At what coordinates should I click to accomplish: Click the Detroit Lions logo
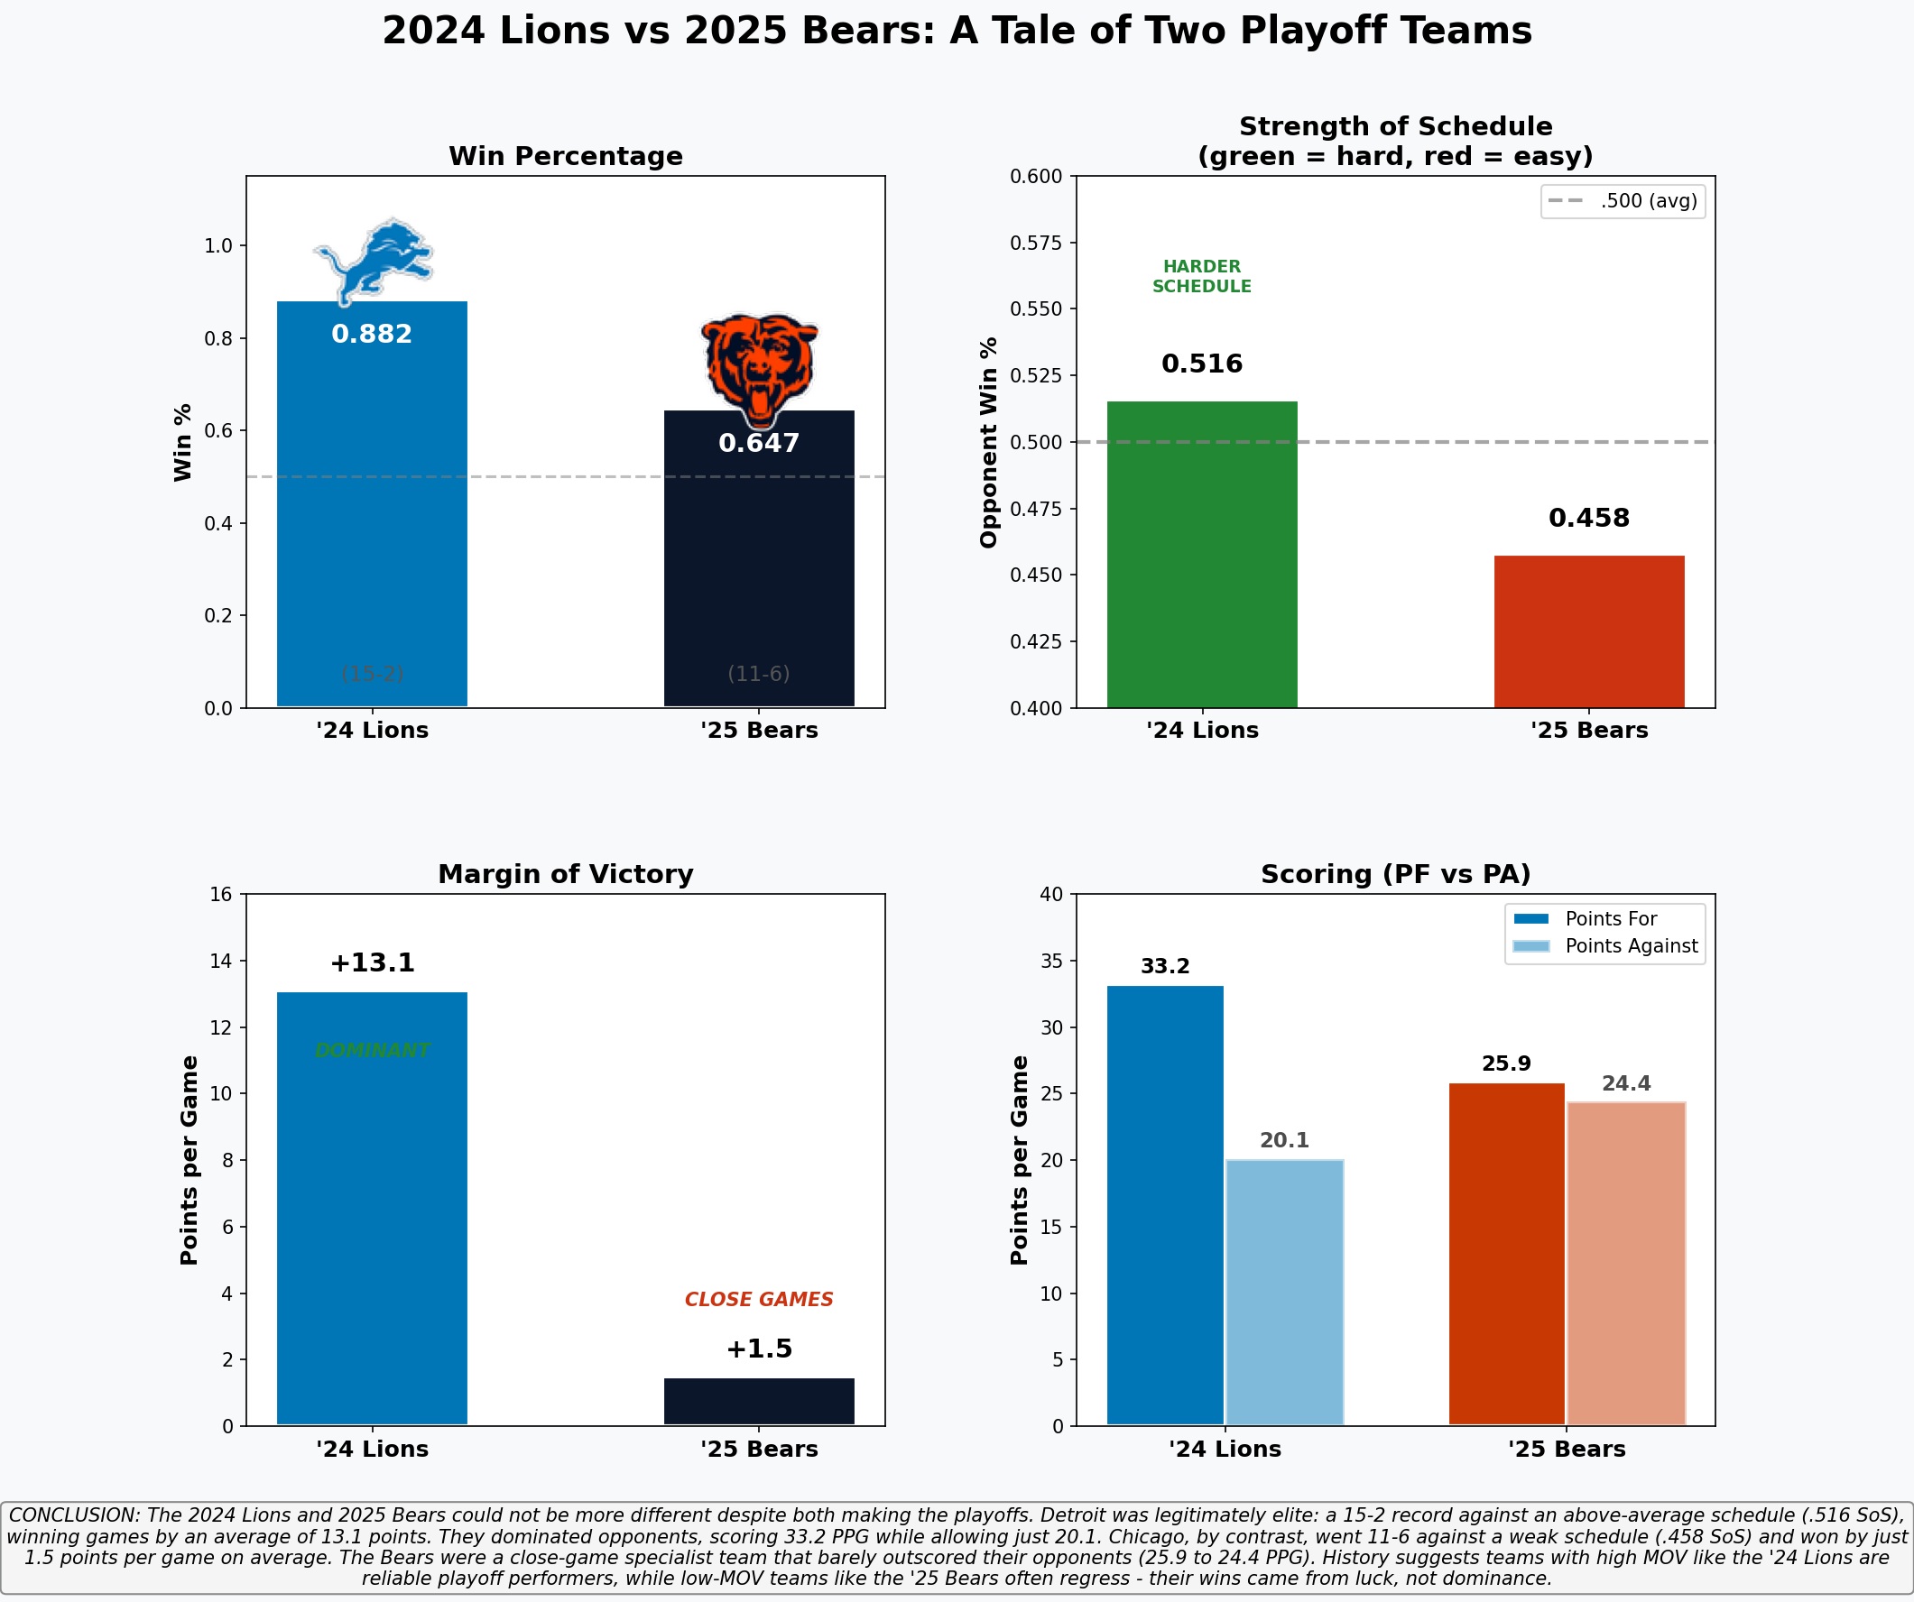(374, 260)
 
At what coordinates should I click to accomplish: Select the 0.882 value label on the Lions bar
(372, 335)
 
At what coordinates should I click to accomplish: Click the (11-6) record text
(758, 674)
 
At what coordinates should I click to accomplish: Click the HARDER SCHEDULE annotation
(1201, 276)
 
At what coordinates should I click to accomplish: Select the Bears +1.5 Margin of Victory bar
(758, 1401)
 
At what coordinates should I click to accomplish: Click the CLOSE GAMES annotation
(758, 1300)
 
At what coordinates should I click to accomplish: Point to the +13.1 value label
(372, 963)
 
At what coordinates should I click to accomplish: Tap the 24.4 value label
(1626, 1083)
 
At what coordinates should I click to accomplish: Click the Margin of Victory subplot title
(565, 875)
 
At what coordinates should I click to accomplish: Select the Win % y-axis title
(183, 442)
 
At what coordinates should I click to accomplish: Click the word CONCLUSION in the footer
(73, 1515)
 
